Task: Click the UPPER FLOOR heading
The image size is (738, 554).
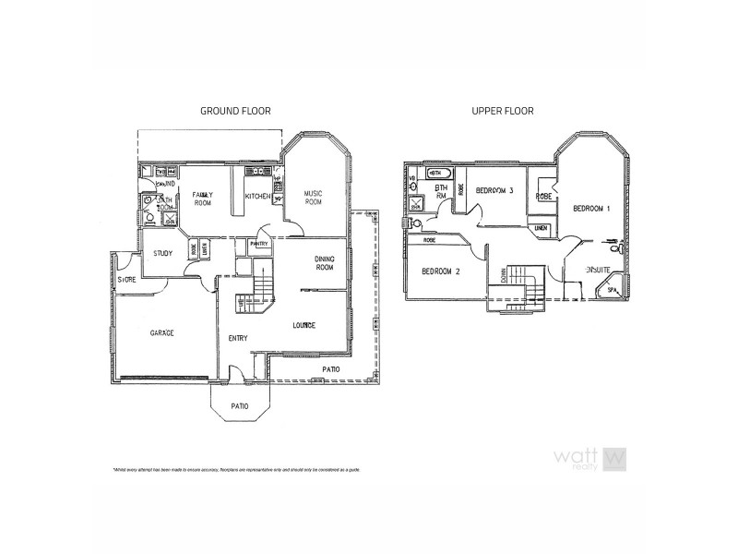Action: tap(503, 111)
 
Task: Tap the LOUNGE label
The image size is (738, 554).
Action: tap(304, 325)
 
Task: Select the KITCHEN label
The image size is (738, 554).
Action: tap(257, 197)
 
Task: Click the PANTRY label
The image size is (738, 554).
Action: tap(259, 244)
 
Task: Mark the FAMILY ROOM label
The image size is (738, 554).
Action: tap(203, 199)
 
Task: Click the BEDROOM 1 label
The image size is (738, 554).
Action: tap(591, 210)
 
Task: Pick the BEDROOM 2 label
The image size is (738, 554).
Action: tap(441, 271)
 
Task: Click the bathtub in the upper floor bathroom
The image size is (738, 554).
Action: tap(439, 174)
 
